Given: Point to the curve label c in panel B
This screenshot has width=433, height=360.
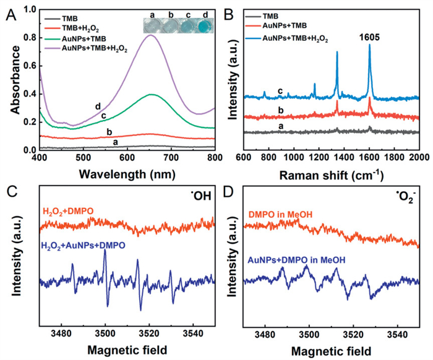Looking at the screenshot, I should pyautogui.click(x=280, y=91).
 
